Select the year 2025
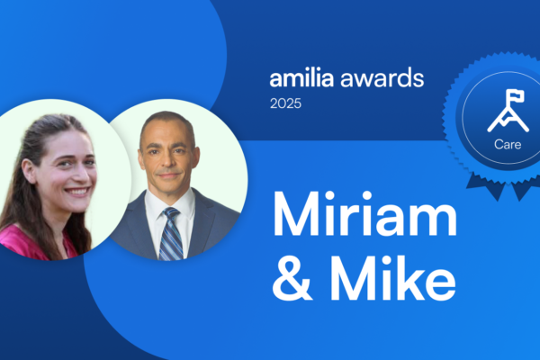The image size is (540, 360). click(286, 103)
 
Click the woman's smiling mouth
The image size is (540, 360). click(76, 192)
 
